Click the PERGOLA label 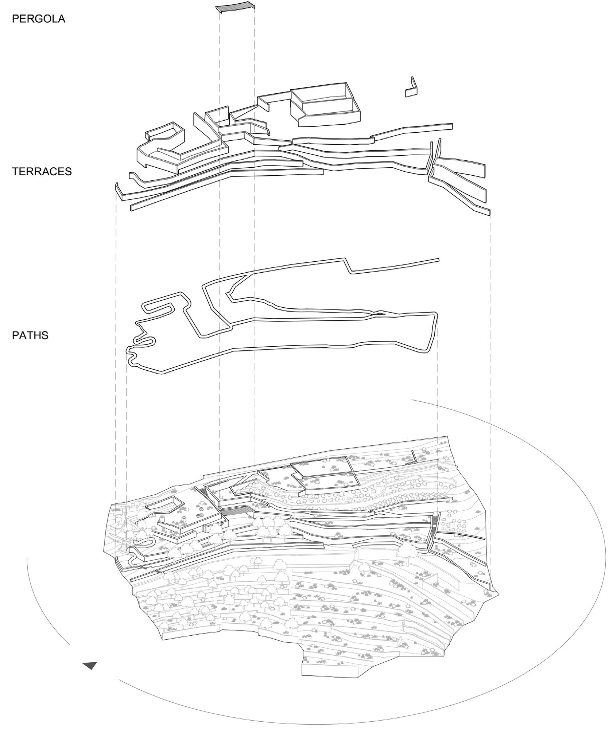click(x=38, y=19)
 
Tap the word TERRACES click(x=42, y=171)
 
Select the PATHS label click(x=30, y=335)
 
